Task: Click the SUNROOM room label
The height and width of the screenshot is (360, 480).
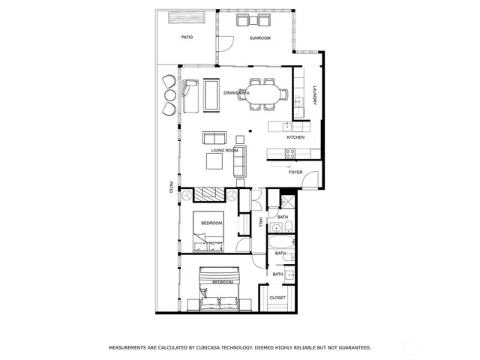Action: tap(260, 37)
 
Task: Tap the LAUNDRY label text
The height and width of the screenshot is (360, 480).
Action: tap(314, 96)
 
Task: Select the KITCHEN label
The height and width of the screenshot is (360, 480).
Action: tap(295, 138)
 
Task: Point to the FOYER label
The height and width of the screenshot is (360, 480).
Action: tap(295, 172)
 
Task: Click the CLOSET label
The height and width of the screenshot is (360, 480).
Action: tap(277, 298)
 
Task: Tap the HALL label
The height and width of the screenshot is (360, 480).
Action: tap(260, 222)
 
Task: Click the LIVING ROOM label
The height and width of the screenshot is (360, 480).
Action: tap(224, 150)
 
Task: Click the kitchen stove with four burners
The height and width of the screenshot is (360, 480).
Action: tap(291, 153)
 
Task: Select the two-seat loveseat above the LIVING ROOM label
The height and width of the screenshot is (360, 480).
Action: tap(214, 138)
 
